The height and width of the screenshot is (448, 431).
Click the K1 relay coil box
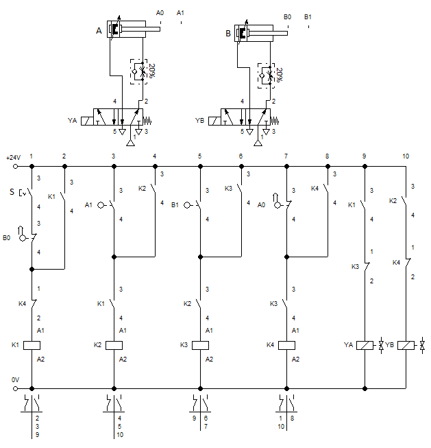click(x=32, y=345)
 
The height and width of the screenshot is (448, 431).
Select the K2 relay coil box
click(x=113, y=345)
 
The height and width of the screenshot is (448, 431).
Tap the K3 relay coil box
click(x=200, y=345)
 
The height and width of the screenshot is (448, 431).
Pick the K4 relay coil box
click(x=286, y=345)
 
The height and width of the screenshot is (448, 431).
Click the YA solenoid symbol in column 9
click(x=365, y=345)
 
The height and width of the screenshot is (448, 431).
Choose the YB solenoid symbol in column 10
click(x=406, y=345)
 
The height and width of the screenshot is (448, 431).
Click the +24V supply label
click(x=13, y=157)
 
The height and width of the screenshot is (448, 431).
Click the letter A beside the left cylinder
click(x=99, y=30)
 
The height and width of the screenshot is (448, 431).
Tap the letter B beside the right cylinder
click(x=228, y=32)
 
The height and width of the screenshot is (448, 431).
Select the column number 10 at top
click(x=406, y=157)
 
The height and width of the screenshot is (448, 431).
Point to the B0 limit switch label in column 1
click(x=7, y=239)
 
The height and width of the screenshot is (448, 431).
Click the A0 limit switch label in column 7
click(x=262, y=204)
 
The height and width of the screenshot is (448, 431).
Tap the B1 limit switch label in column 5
click(x=175, y=204)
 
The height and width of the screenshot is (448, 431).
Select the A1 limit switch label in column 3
click(x=89, y=204)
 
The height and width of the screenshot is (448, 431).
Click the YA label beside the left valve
click(x=72, y=121)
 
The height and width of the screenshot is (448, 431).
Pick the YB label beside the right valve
click(x=200, y=121)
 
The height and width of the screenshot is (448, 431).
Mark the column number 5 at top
click(x=199, y=157)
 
